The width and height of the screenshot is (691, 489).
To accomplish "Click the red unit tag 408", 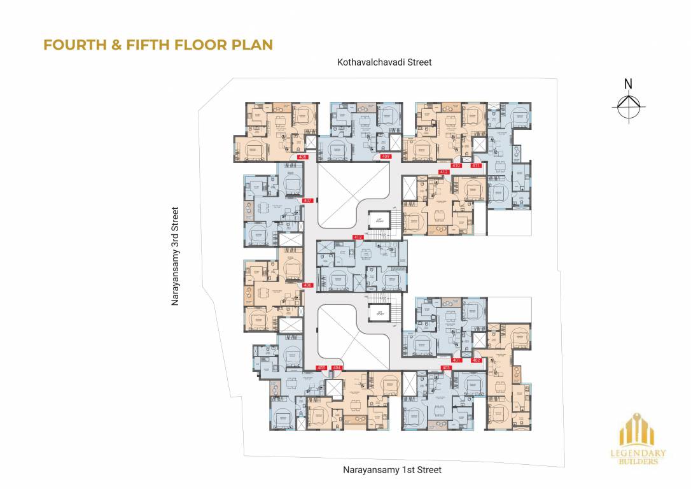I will coord(302,157).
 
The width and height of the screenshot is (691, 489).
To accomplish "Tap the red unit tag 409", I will coord(386,157).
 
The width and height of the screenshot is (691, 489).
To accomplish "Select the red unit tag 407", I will coord(308,201).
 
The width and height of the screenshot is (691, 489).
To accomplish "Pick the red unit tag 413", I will coord(358,237).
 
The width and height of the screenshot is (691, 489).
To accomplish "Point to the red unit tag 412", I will coord(444,173).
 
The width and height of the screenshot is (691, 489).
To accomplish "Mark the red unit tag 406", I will coord(308,285).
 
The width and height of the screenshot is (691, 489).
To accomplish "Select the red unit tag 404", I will coord(337,367).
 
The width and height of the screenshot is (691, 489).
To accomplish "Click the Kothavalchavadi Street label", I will coord(385,62).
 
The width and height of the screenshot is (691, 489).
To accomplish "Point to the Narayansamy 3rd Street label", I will coord(176,256).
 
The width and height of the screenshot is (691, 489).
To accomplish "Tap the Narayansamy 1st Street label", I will coord(392,470).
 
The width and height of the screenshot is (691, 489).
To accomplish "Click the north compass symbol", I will coord(628,104).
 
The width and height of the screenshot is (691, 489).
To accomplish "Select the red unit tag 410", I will coord(456,166).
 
